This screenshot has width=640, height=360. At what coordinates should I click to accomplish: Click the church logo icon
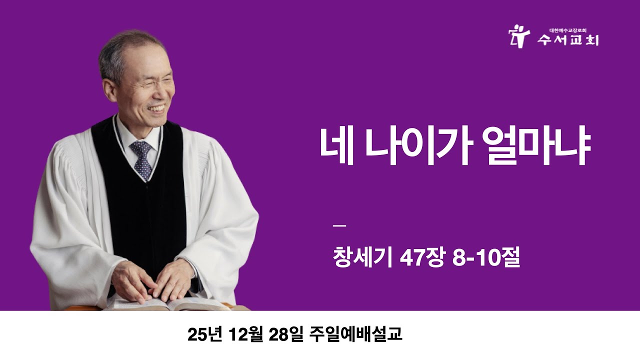point(518,35)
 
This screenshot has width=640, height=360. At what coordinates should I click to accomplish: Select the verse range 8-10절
point(485,259)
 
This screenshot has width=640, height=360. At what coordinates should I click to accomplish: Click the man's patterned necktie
point(142,159)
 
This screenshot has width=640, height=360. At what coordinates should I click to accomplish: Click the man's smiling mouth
point(156,108)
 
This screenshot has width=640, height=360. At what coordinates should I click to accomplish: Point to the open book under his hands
point(170,303)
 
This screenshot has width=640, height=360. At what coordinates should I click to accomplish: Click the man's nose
point(162,92)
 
